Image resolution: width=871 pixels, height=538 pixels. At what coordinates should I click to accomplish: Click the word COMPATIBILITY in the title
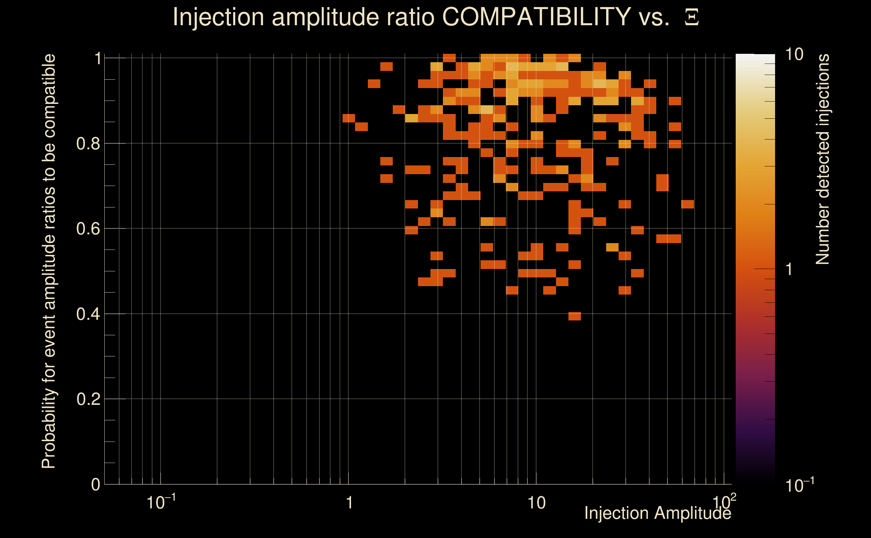point(536,17)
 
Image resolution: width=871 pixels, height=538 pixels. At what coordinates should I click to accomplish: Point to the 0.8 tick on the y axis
point(88,144)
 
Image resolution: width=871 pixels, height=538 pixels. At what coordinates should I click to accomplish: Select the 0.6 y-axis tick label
point(88,229)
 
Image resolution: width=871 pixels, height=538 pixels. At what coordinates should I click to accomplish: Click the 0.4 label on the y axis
point(88,314)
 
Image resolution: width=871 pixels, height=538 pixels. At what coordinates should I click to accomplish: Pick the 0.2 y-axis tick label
point(88,399)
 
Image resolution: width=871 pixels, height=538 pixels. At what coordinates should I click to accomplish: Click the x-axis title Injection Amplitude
point(658,513)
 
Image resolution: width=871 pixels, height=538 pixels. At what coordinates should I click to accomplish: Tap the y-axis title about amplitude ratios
point(49,261)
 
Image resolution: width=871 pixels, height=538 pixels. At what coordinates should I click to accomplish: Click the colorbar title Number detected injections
point(823,159)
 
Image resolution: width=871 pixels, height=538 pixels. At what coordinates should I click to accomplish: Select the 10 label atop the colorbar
point(794,54)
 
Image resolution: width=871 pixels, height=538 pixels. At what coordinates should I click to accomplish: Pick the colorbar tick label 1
point(789,269)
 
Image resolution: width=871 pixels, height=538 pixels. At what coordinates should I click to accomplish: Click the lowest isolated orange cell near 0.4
point(574,316)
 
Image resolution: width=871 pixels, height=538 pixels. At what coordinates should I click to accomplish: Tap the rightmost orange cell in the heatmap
point(687,204)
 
